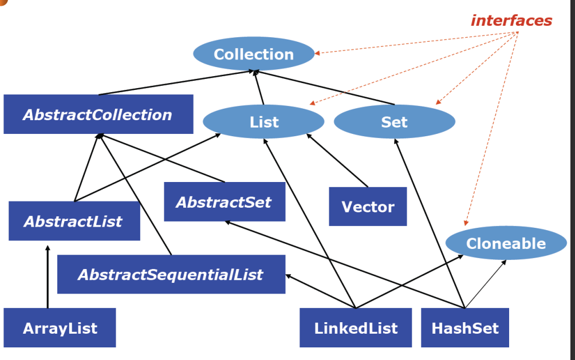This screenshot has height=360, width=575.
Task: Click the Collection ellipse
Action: tap(254, 54)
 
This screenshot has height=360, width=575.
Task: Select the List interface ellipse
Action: tap(263, 122)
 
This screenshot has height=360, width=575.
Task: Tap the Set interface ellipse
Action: tap(394, 122)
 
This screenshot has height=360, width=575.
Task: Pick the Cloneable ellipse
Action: tap(506, 243)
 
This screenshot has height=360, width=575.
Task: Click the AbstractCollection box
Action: tap(98, 114)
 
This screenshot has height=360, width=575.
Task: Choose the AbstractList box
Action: tap(74, 221)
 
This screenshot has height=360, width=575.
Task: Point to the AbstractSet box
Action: tap(224, 201)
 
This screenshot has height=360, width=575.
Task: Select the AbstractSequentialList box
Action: tap(171, 274)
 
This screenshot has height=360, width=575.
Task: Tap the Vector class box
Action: tap(368, 206)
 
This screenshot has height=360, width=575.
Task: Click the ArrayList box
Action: tap(60, 328)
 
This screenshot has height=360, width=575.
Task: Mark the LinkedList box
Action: tap(355, 328)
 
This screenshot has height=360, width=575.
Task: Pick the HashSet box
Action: tap(464, 328)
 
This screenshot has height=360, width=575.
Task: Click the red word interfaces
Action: tap(511, 21)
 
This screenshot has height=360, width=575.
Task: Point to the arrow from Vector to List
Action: tap(337, 160)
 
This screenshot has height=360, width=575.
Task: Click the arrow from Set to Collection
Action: tap(324, 88)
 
